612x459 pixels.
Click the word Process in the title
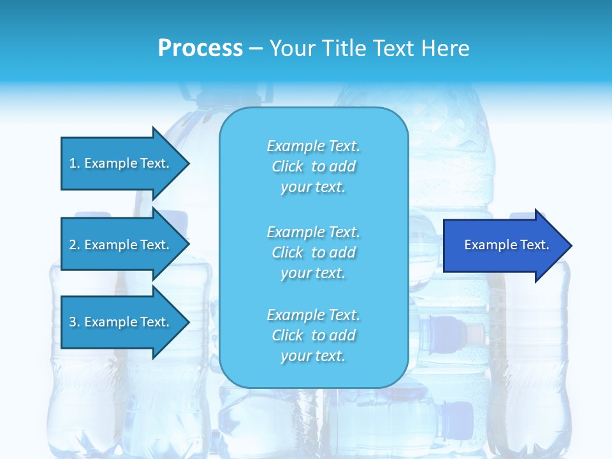[200, 48]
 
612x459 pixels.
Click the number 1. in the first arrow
[75, 163]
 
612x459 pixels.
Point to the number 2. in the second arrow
[75, 245]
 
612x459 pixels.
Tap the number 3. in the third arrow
[75, 322]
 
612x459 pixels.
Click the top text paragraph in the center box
[313, 166]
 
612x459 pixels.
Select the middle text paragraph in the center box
[313, 252]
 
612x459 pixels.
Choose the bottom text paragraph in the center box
[313, 335]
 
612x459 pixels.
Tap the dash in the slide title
[256, 48]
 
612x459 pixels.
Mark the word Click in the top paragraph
[288, 166]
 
